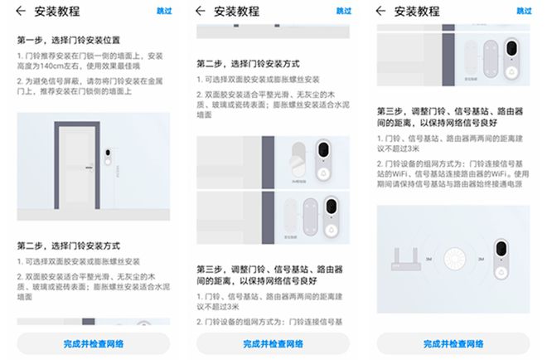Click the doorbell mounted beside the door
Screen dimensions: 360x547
[x=107, y=158]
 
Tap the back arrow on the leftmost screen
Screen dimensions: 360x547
[x=21, y=12]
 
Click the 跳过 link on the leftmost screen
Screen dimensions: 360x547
[x=165, y=12]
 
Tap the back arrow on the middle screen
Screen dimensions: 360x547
[x=201, y=12]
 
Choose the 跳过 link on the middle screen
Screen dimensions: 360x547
[x=344, y=12]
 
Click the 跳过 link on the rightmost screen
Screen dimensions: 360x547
[x=524, y=12]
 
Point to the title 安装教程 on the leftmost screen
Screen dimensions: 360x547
[x=57, y=12]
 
